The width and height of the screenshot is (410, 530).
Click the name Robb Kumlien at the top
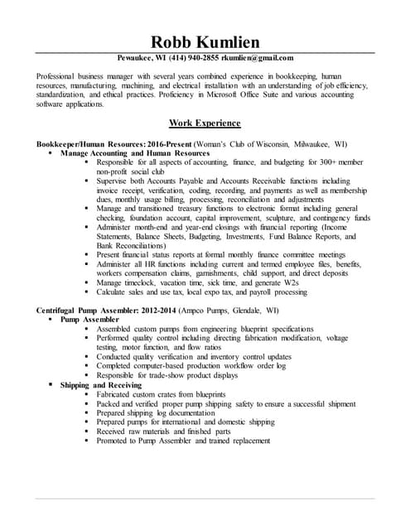[205, 42]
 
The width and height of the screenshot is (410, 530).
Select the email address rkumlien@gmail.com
[258, 58]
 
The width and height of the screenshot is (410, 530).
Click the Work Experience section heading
[205, 123]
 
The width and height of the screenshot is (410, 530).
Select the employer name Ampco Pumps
[217, 311]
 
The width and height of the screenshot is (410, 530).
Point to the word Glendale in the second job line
[257, 311]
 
